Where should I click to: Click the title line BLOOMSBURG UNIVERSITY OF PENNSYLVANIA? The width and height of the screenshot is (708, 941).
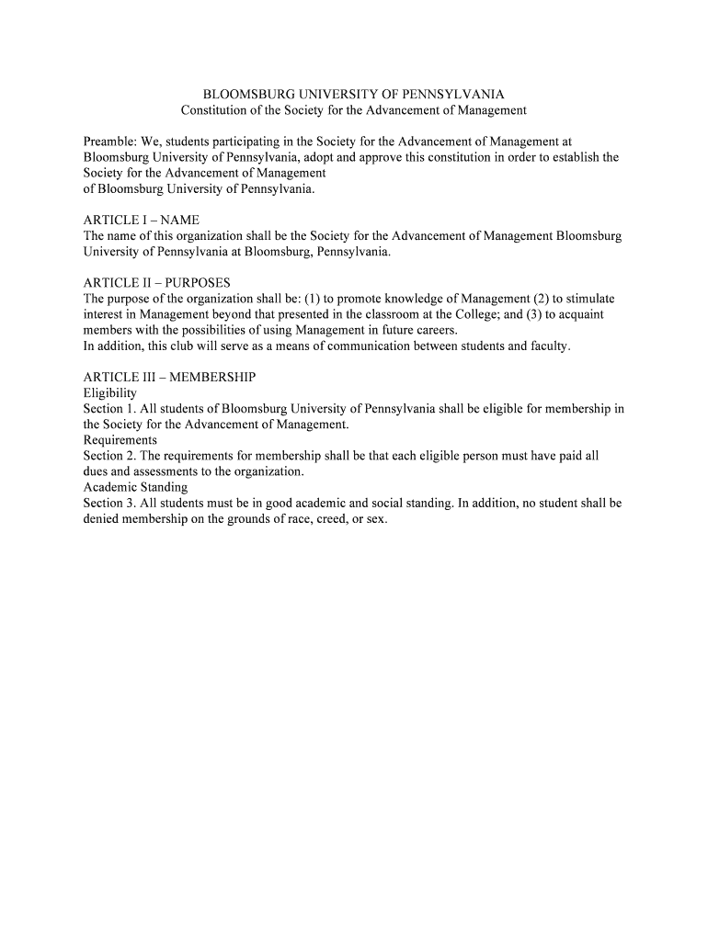tap(353, 95)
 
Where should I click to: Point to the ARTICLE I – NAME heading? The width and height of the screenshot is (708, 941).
tap(141, 221)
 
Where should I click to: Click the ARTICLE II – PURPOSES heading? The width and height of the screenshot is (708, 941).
tap(156, 283)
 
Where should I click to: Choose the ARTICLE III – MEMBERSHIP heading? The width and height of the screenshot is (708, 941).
tap(169, 378)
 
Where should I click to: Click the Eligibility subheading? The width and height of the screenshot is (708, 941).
tap(109, 393)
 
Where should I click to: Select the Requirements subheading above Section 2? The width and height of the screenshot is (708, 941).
tap(120, 440)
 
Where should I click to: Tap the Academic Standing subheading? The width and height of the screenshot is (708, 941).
tap(135, 487)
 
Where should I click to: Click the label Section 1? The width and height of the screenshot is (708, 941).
tap(107, 409)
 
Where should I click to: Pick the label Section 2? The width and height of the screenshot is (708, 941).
tap(107, 456)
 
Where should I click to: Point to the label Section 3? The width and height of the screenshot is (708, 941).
tap(107, 503)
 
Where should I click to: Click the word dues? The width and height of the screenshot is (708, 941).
tap(97, 471)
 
